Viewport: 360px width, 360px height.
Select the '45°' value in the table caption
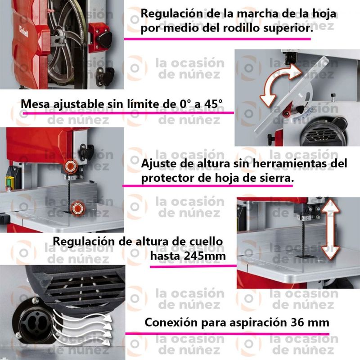(213, 104)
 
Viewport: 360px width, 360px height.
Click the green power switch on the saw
(9, 181)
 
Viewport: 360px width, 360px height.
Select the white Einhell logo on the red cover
(24, 31)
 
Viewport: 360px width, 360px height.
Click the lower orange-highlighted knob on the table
(77, 208)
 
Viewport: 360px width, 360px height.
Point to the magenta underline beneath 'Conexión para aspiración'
(227, 333)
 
